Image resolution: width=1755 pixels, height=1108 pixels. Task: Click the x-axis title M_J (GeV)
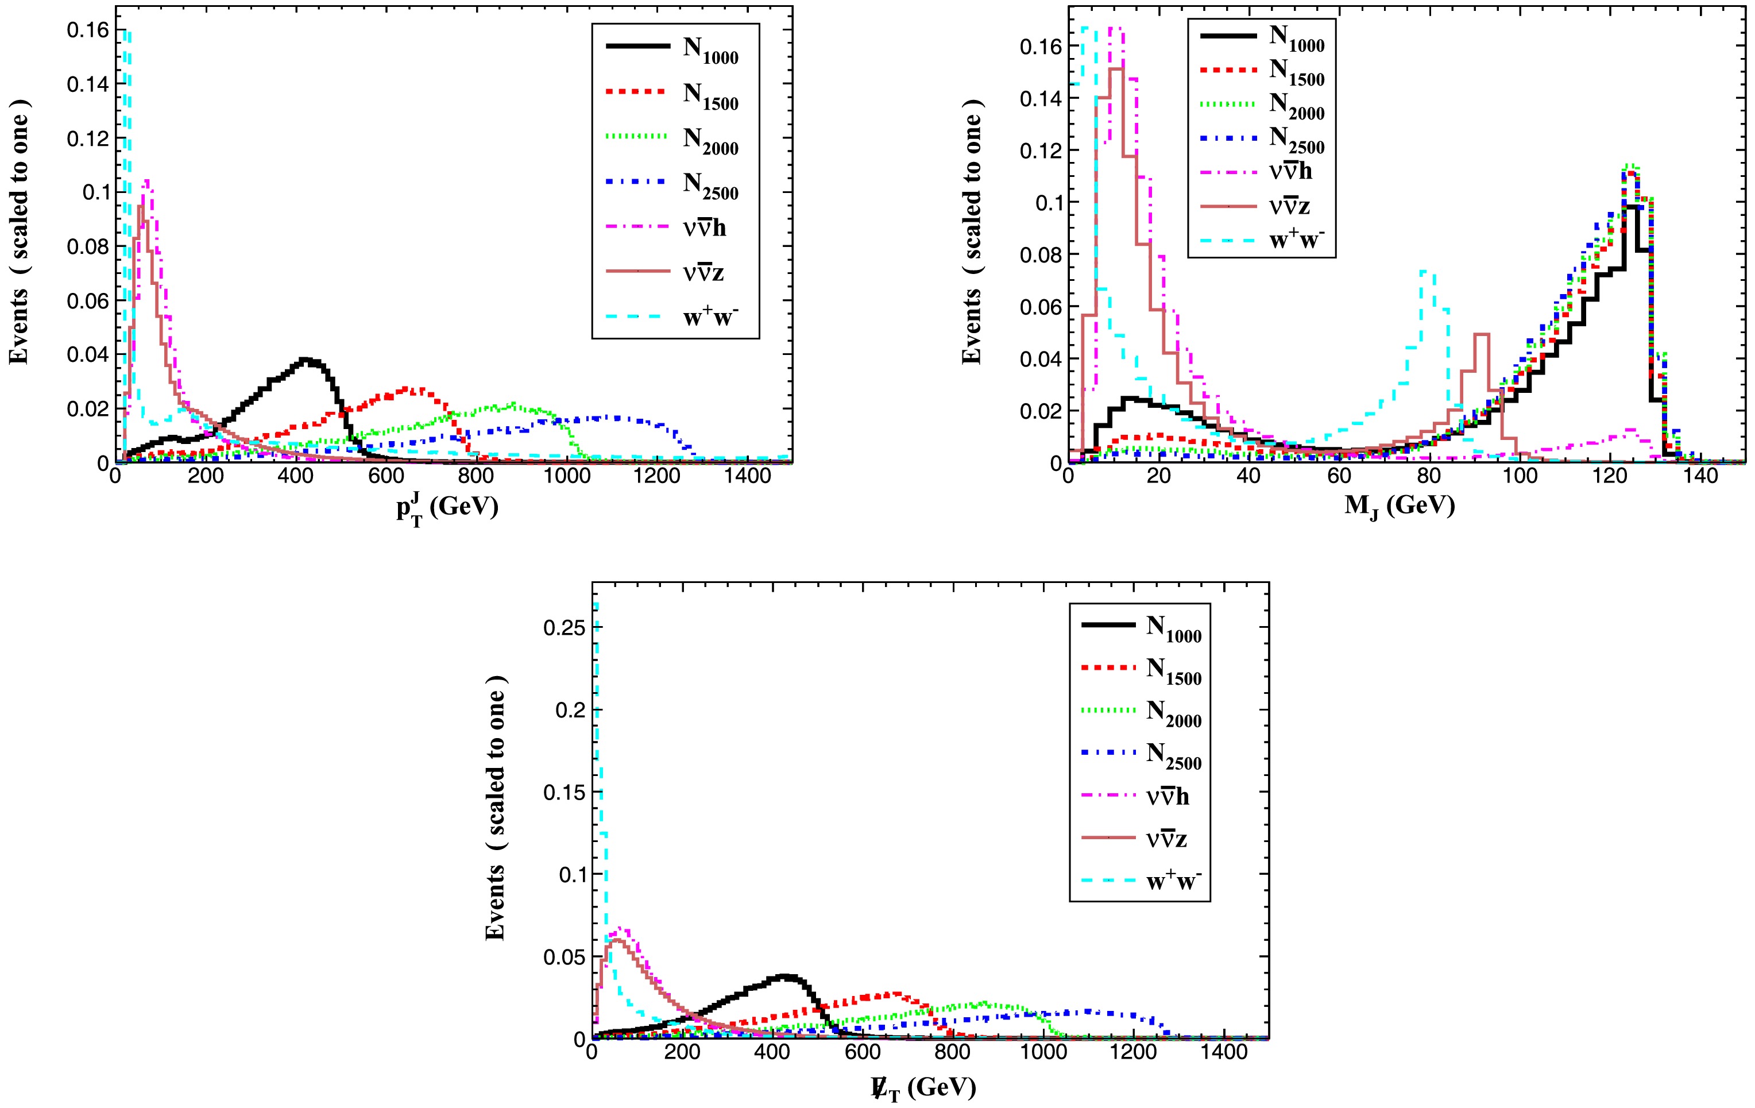coord(1400,505)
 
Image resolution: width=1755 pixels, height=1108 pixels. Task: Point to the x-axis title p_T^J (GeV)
coord(447,507)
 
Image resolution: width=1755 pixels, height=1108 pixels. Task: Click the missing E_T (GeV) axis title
coord(923,1087)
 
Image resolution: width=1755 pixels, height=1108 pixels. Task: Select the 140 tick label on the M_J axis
coord(1700,477)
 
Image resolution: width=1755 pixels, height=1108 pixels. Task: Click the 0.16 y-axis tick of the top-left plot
coord(87,30)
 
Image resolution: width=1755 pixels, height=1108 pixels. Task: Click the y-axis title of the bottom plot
coord(496,809)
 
